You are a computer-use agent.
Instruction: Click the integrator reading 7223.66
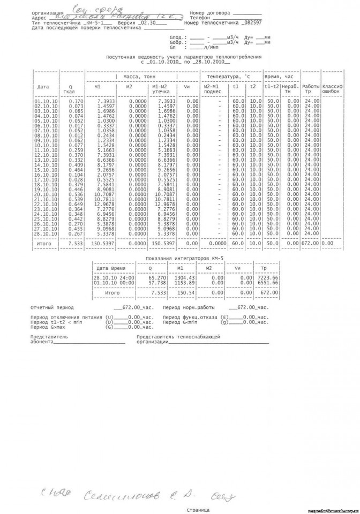267,278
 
